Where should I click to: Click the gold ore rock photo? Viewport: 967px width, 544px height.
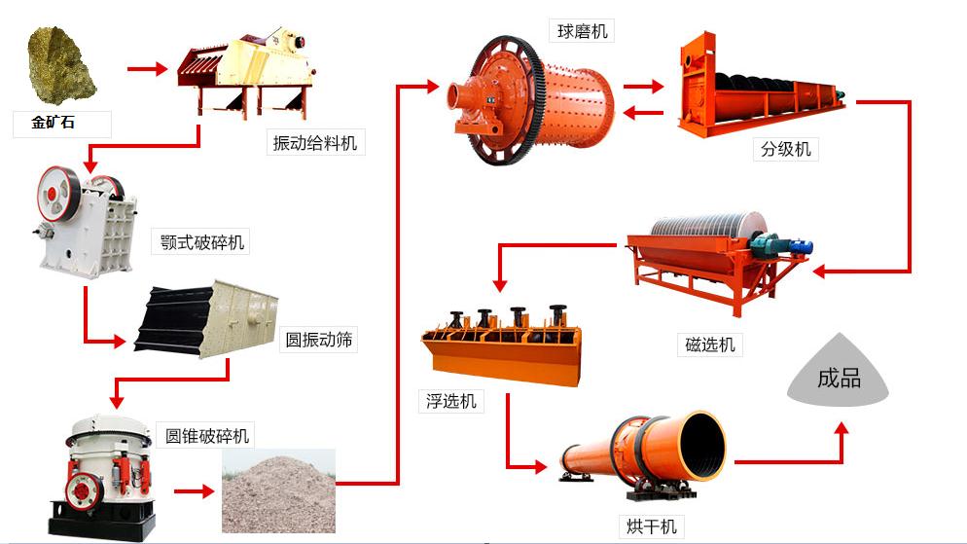(x=60, y=65)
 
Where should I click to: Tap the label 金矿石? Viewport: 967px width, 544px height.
(x=54, y=122)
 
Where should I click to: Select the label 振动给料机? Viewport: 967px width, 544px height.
(x=315, y=143)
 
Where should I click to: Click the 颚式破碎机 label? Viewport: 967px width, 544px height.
(x=202, y=241)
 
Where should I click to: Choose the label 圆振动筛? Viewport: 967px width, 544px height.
(x=319, y=340)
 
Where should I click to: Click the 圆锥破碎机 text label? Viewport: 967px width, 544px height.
(x=206, y=436)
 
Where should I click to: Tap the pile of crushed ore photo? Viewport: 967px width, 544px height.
(x=279, y=490)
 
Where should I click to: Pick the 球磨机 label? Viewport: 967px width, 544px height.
(x=582, y=31)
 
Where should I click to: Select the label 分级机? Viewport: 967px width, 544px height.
(x=786, y=149)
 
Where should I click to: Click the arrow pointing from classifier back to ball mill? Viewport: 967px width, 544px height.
(x=643, y=113)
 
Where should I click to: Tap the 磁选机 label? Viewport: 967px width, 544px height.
(x=710, y=345)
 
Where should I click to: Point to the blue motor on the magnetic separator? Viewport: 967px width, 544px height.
(x=800, y=246)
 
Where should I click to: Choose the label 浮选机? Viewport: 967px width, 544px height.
(x=451, y=402)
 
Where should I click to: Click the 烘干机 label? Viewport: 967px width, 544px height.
(x=652, y=526)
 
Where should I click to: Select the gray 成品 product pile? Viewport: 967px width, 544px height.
(x=839, y=372)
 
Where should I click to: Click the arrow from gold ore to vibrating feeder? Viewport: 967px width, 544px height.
(x=148, y=68)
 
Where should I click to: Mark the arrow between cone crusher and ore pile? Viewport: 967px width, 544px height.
(x=194, y=491)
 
